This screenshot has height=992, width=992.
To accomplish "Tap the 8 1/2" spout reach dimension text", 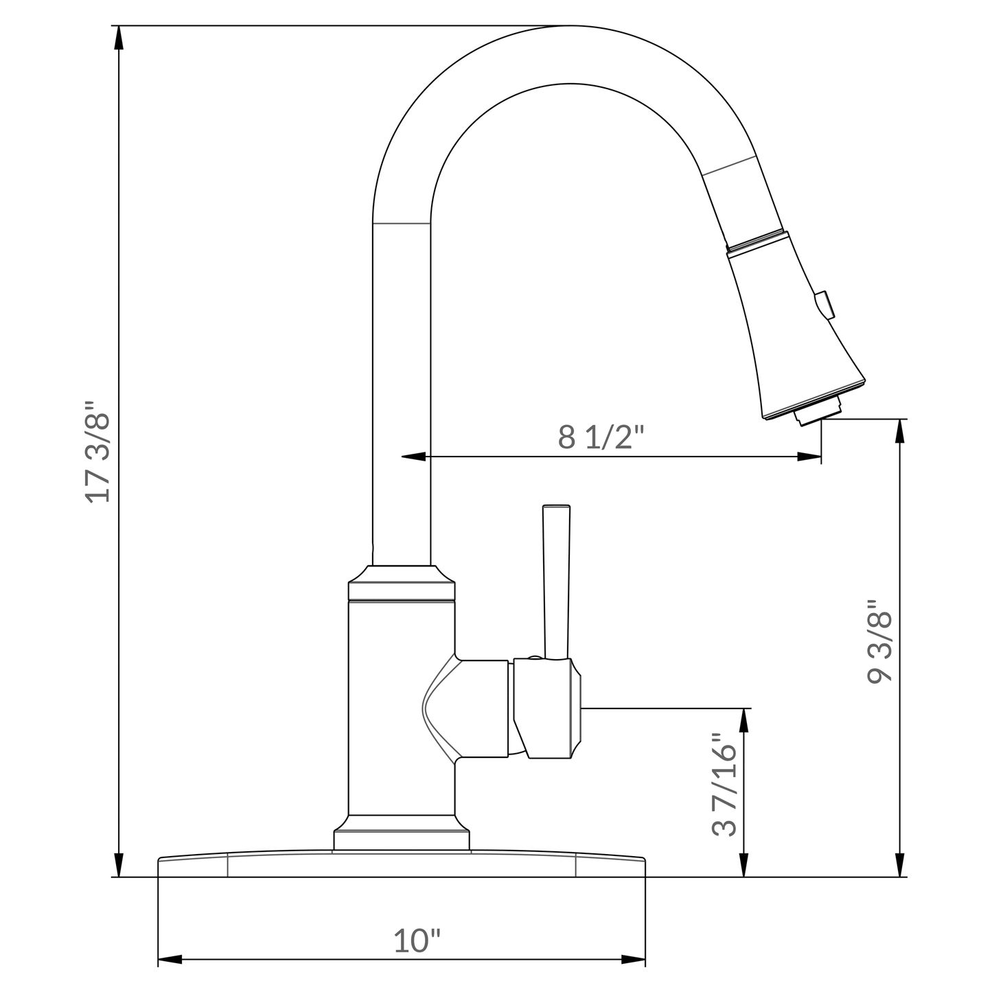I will coord(601,437).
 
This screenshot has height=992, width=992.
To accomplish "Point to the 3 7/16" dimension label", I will coord(725,784).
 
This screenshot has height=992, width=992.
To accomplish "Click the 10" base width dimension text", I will coord(417,941).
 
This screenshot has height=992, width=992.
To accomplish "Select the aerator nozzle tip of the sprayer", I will coord(817,412).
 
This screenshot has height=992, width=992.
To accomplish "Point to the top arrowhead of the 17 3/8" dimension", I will coord(119,38).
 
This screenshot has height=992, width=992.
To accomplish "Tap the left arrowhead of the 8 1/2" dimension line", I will coord(413,456).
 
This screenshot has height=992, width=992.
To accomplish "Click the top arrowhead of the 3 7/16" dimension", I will coord(743,720).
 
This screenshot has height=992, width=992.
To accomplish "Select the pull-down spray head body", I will coord(789,323).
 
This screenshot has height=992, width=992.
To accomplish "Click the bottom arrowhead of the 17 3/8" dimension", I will coord(119,865).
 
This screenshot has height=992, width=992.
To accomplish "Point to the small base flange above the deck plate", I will coord(402,839).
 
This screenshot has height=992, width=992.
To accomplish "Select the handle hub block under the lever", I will coord(547,708).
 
